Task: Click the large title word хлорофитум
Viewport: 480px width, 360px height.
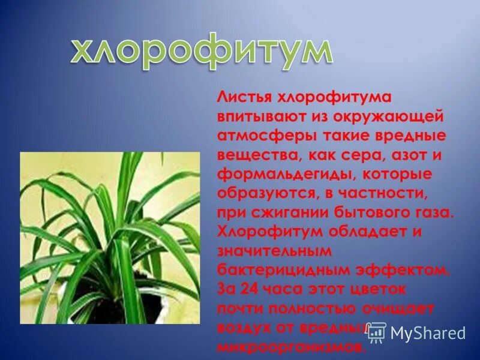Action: coord(200,52)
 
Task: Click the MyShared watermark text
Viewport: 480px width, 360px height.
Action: coord(427,333)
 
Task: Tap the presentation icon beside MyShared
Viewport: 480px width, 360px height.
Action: coord(376,332)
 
